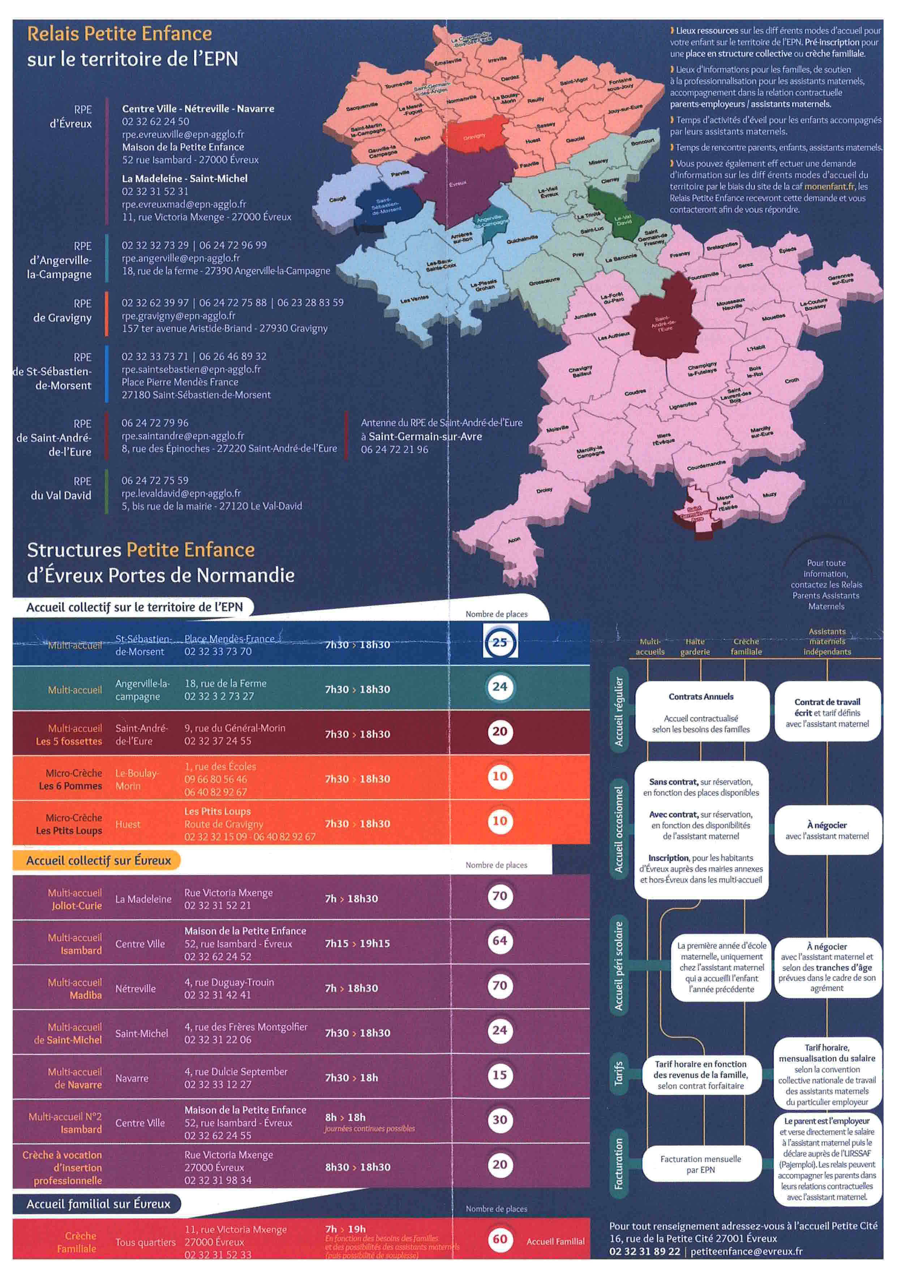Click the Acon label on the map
point(514,540)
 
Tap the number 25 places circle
point(499,642)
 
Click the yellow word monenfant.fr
point(829,186)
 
